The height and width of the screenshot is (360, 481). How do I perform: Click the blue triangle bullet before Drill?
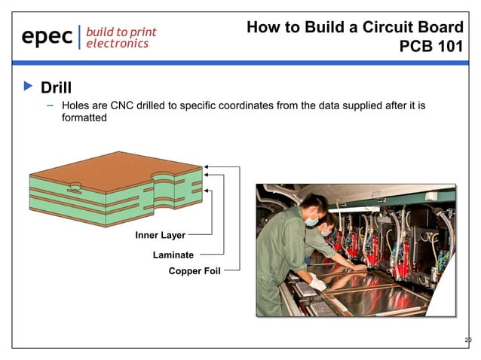pyautogui.click(x=29, y=87)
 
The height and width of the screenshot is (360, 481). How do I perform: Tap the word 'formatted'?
pyautogui.click(x=84, y=118)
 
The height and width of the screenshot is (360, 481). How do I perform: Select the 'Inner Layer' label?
pyautogui.click(x=160, y=236)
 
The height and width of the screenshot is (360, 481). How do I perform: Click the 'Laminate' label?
pyautogui.click(x=173, y=255)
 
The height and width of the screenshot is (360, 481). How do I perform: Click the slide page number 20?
pyautogui.click(x=467, y=340)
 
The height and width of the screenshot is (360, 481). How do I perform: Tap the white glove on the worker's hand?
pyautogui.click(x=319, y=284)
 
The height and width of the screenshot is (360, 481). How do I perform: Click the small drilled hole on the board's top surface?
pyautogui.click(x=75, y=185)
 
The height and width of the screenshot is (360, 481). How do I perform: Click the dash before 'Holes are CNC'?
pyautogui.click(x=51, y=105)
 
